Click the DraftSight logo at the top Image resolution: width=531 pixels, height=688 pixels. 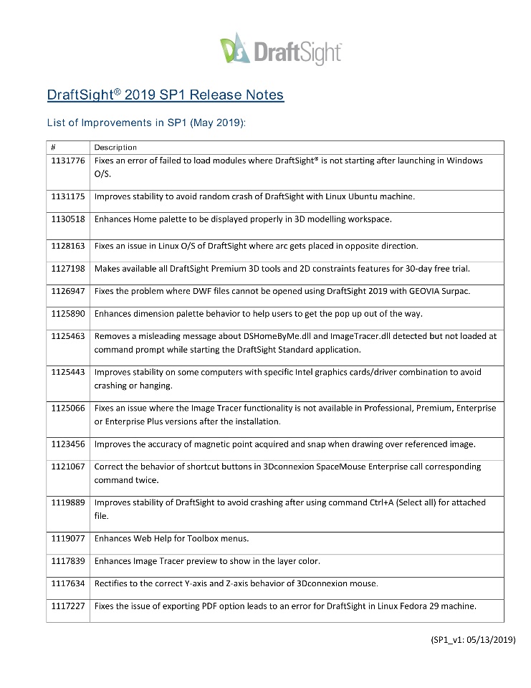point(280,49)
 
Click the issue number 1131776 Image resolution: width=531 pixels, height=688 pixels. point(68,161)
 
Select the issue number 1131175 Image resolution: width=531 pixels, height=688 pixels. point(68,196)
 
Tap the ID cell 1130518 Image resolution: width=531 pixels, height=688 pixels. point(68,219)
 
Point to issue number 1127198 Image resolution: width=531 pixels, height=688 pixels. point(68,268)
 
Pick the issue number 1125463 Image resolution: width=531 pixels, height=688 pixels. point(68,335)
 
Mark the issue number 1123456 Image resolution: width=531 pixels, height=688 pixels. point(68,444)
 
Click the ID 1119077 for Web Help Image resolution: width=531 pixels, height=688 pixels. point(68,537)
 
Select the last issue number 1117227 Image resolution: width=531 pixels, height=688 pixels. point(68,606)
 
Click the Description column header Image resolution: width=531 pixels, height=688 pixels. point(115,147)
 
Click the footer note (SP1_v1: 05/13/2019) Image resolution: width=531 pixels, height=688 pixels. point(469,640)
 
